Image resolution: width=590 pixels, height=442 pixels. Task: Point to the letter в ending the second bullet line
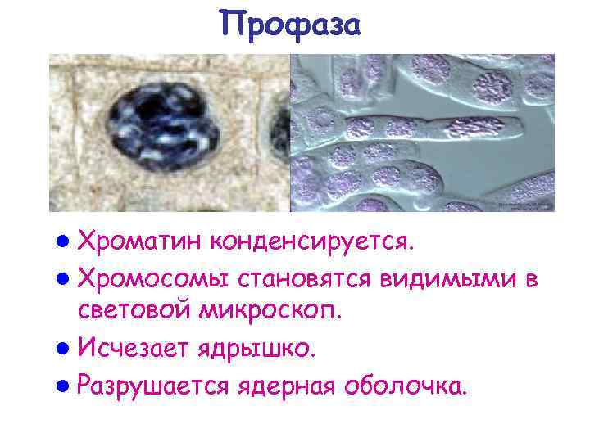(530, 281)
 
